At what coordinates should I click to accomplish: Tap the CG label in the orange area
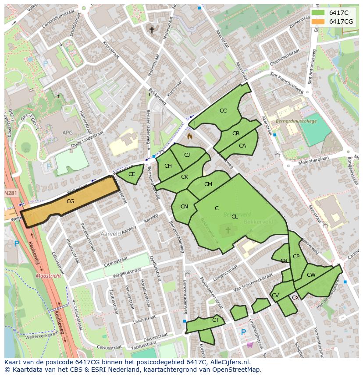[x=70, y=201]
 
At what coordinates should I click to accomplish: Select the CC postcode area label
[x=223, y=111]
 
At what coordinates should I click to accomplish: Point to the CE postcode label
[x=132, y=174]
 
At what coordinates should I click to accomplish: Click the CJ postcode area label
[x=187, y=155]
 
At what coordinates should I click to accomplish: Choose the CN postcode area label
[x=184, y=207]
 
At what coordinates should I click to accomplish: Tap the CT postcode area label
[x=215, y=320]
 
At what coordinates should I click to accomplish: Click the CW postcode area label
[x=311, y=275]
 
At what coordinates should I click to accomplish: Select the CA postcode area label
[x=242, y=146]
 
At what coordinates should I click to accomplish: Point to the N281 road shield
[x=11, y=193]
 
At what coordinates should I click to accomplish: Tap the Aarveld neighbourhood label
[x=110, y=234]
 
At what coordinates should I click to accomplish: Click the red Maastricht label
[x=48, y=276]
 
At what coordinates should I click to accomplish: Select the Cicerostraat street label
[x=116, y=261]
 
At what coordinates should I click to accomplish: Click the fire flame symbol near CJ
[x=190, y=136]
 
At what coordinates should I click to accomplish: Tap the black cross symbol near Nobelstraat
[x=152, y=30]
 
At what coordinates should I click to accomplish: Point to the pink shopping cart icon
[x=249, y=345]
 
